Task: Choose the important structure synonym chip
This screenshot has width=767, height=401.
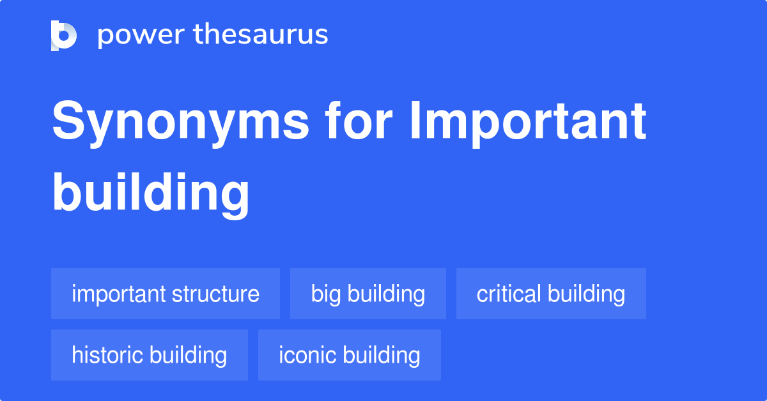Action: [166, 294]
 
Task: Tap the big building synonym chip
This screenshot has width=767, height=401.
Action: [368, 294]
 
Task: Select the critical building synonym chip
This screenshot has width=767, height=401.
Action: [551, 294]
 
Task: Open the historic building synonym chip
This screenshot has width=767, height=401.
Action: [150, 355]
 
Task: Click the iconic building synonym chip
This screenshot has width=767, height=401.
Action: [350, 355]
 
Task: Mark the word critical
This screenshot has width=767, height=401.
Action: [509, 294]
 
